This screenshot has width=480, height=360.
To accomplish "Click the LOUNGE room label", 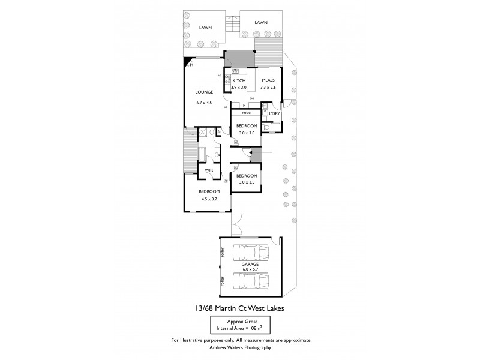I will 204,92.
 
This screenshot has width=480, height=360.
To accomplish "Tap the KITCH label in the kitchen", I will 239,80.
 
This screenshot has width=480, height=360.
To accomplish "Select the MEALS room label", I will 268,80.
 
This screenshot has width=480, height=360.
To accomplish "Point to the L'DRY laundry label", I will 274,113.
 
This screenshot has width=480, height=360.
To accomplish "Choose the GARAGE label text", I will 250,264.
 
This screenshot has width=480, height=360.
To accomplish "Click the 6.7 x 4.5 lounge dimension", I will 204,103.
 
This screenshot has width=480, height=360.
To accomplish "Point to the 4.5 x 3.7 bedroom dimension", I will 210,199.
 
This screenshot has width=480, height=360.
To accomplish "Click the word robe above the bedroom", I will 246,113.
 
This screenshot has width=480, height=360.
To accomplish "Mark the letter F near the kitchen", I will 244,106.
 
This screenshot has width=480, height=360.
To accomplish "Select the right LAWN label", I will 260,23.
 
